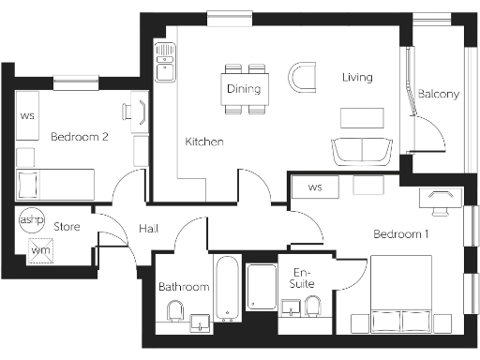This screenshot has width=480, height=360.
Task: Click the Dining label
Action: click(x=245, y=89)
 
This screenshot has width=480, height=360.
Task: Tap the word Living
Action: click(x=357, y=77)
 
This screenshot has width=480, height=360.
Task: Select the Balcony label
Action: click(x=438, y=94)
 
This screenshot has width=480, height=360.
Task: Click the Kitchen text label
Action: click(x=203, y=142)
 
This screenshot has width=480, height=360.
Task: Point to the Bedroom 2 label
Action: click(x=80, y=136)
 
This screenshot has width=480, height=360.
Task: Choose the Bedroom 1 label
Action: click(x=400, y=233)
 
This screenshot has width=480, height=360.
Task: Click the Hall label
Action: click(x=149, y=228)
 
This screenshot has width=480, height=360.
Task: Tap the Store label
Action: click(x=67, y=227)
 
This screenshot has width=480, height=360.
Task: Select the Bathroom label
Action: click(x=183, y=286)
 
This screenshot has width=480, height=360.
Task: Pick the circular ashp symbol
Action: click(x=31, y=217)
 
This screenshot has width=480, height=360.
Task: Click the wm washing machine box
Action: click(x=39, y=250)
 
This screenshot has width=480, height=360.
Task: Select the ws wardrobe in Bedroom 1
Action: click(x=315, y=187)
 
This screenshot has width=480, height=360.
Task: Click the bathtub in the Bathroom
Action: click(x=228, y=287)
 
